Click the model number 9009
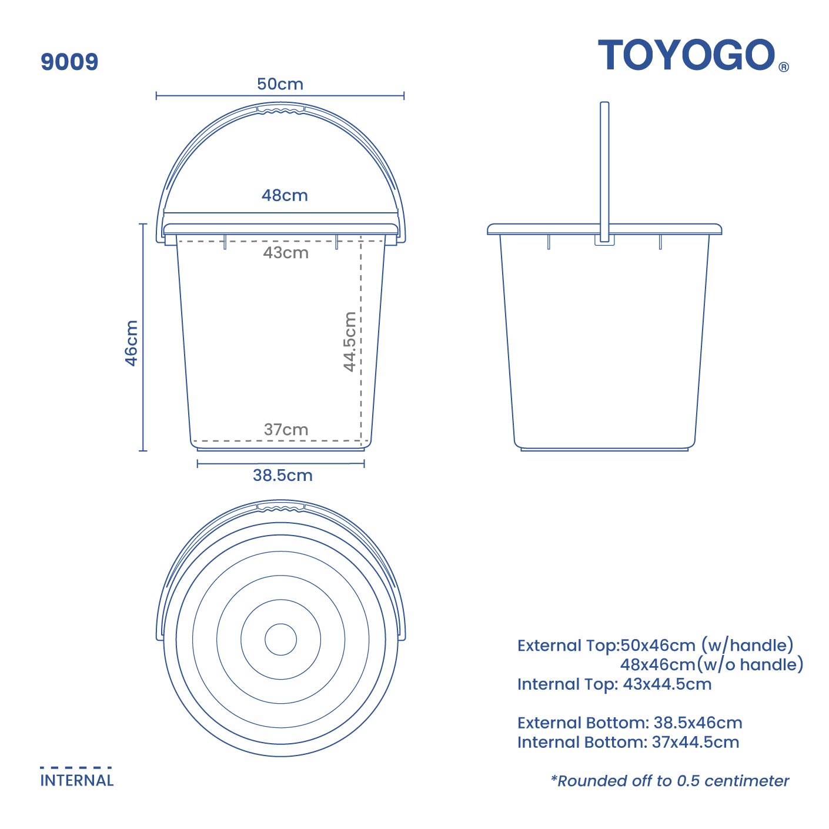coord(69,62)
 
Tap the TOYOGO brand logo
coord(686,55)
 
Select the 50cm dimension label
coord(280,84)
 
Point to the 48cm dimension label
coord(285,195)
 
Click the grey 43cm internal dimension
coord(286,253)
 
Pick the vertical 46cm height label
coord(132,343)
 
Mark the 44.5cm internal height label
coord(350,342)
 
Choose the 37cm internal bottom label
coord(286,430)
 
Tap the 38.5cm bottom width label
coord(282,475)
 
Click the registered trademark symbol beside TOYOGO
coord(784,67)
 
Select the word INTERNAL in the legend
coord(77,781)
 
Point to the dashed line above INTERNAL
coord(76,767)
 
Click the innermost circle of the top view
coord(280,639)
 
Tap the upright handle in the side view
coord(604,165)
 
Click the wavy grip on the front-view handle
coord(281,110)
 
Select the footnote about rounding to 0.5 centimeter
coord(670,781)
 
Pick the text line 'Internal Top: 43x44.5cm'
coord(614,684)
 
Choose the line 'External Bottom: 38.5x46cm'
coord(630,723)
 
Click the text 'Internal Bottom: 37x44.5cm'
coord(628,742)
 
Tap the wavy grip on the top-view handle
coord(281,507)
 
